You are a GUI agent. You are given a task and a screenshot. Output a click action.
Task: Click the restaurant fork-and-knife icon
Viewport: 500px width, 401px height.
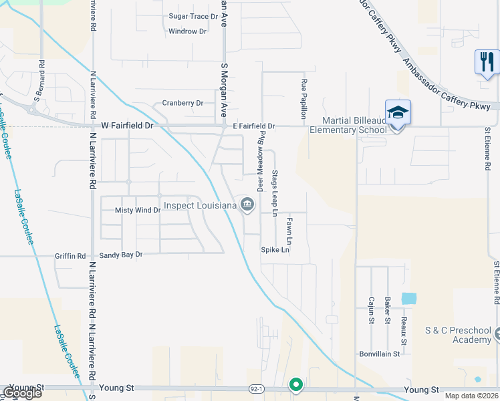click(x=486, y=62)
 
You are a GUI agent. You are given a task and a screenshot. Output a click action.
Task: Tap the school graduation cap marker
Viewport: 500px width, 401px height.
click(x=398, y=113)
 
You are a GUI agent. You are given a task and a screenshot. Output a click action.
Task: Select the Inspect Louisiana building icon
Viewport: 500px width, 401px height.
click(x=247, y=205)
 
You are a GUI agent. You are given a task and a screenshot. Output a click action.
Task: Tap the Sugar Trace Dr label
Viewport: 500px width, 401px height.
click(x=193, y=15)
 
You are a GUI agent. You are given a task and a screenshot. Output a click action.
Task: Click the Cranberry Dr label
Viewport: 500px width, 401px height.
click(x=182, y=103)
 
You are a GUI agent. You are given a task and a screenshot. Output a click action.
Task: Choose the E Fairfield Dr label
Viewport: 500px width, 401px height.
click(x=254, y=126)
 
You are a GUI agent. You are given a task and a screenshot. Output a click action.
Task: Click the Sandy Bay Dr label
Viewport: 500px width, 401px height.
click(x=121, y=255)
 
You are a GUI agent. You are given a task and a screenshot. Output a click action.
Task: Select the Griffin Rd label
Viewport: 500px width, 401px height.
click(x=72, y=255)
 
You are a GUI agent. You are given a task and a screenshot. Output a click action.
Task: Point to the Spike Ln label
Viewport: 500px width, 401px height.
click(x=275, y=250)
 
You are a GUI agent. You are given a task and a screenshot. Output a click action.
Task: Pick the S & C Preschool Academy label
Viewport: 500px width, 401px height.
click(x=458, y=336)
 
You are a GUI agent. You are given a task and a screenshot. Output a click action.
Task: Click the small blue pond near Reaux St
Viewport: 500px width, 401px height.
click(x=408, y=298)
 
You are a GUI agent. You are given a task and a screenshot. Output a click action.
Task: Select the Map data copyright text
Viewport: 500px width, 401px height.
click(x=472, y=395)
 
